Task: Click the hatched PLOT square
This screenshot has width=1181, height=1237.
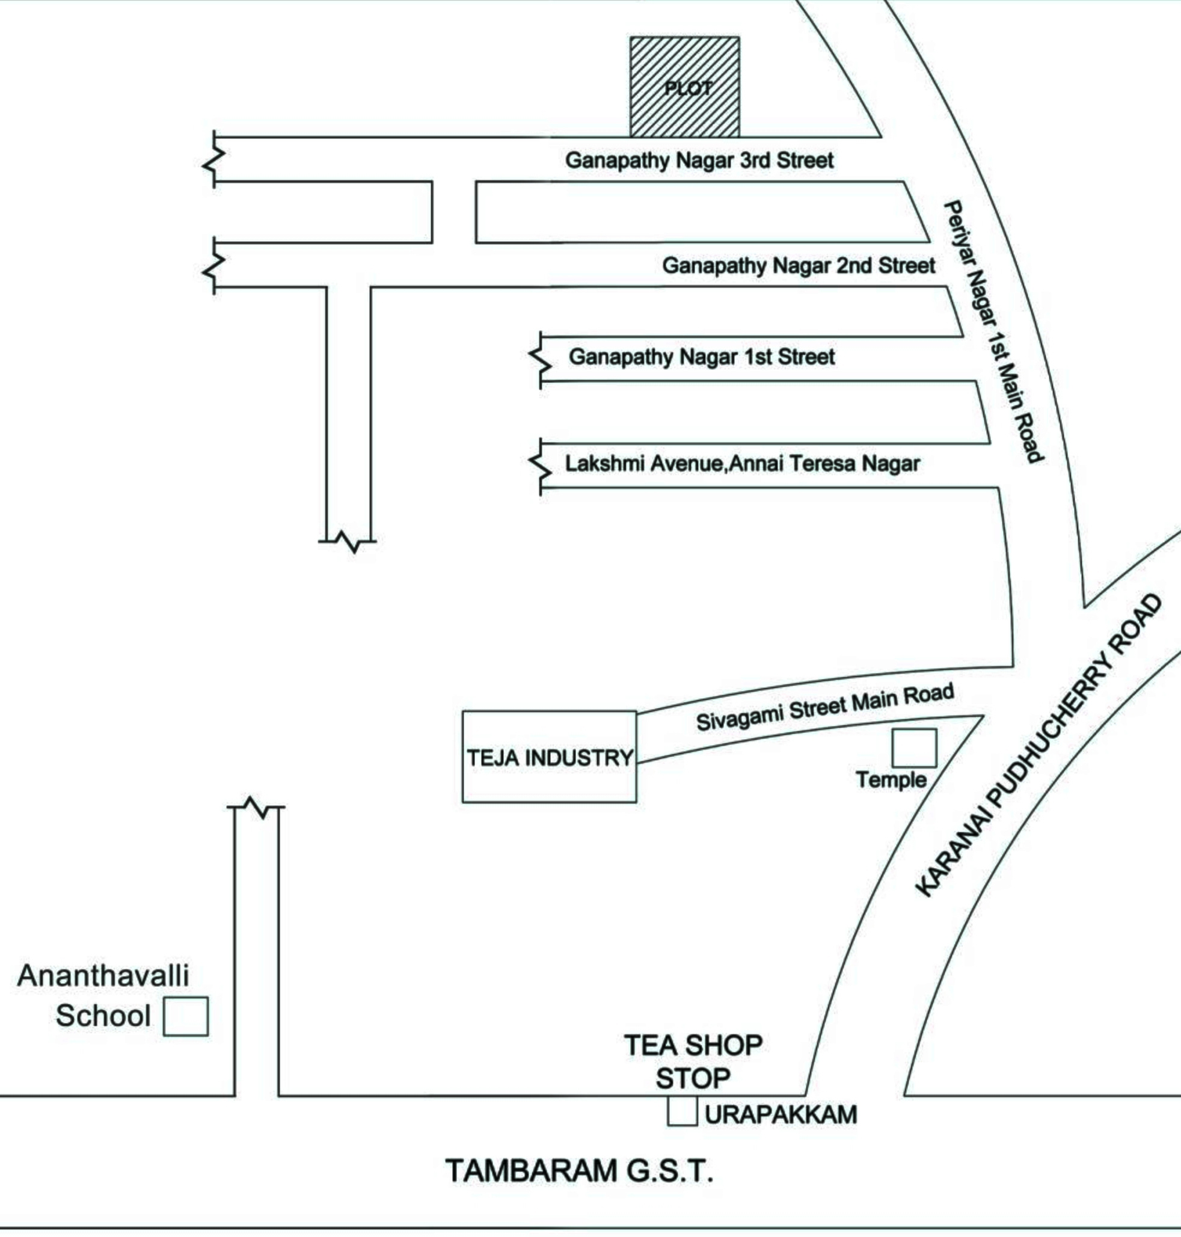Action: pyautogui.click(x=685, y=87)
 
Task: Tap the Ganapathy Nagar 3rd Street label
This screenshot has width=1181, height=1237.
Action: pyautogui.click(x=699, y=160)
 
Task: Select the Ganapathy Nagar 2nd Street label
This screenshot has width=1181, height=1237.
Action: pyautogui.click(x=798, y=266)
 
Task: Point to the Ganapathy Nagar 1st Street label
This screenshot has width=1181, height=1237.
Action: pyautogui.click(x=701, y=357)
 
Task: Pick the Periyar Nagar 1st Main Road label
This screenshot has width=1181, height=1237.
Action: pyautogui.click(x=993, y=331)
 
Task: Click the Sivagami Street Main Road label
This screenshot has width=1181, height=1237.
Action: pyautogui.click(x=824, y=708)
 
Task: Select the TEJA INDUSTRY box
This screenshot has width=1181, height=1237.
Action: pyautogui.click(x=549, y=757)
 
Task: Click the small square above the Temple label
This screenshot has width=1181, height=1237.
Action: pyautogui.click(x=913, y=748)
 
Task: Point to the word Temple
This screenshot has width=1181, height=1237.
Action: pyautogui.click(x=891, y=780)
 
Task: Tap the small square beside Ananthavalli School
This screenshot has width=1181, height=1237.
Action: pyautogui.click(x=186, y=1017)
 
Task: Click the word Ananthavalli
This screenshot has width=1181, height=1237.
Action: pyautogui.click(x=103, y=977)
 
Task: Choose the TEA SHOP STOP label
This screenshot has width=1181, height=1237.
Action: pyautogui.click(x=693, y=1062)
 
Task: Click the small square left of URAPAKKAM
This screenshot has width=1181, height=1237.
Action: pyautogui.click(x=683, y=1111)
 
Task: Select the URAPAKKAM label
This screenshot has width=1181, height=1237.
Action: pyautogui.click(x=781, y=1114)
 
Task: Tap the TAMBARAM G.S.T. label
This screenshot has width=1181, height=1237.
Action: pyautogui.click(x=579, y=1171)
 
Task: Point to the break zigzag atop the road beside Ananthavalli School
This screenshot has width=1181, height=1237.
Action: pyautogui.click(x=256, y=806)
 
